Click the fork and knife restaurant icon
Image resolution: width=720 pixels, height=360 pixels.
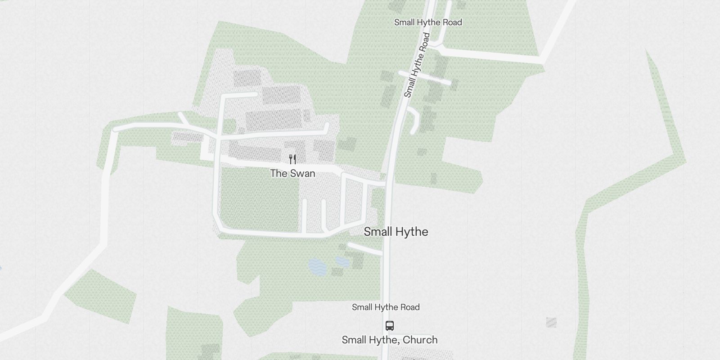tap(292, 159)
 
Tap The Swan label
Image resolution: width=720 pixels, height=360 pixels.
tap(292, 173)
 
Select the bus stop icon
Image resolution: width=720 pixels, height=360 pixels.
tap(390, 325)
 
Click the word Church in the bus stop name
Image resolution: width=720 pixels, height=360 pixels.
tap(420, 340)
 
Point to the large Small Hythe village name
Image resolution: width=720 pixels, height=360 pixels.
tap(396, 232)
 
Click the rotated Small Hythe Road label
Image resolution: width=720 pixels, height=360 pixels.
tap(417, 65)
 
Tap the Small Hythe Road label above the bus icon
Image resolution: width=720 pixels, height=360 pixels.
tap(386, 307)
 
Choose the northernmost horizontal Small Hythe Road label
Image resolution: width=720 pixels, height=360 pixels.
tap(428, 22)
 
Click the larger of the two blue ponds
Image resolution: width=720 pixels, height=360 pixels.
tap(318, 267)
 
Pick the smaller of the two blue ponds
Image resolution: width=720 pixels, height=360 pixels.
tap(342, 261)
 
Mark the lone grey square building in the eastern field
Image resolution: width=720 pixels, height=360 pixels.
tap(551, 322)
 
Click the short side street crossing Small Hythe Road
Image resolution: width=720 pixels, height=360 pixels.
tap(425, 77)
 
